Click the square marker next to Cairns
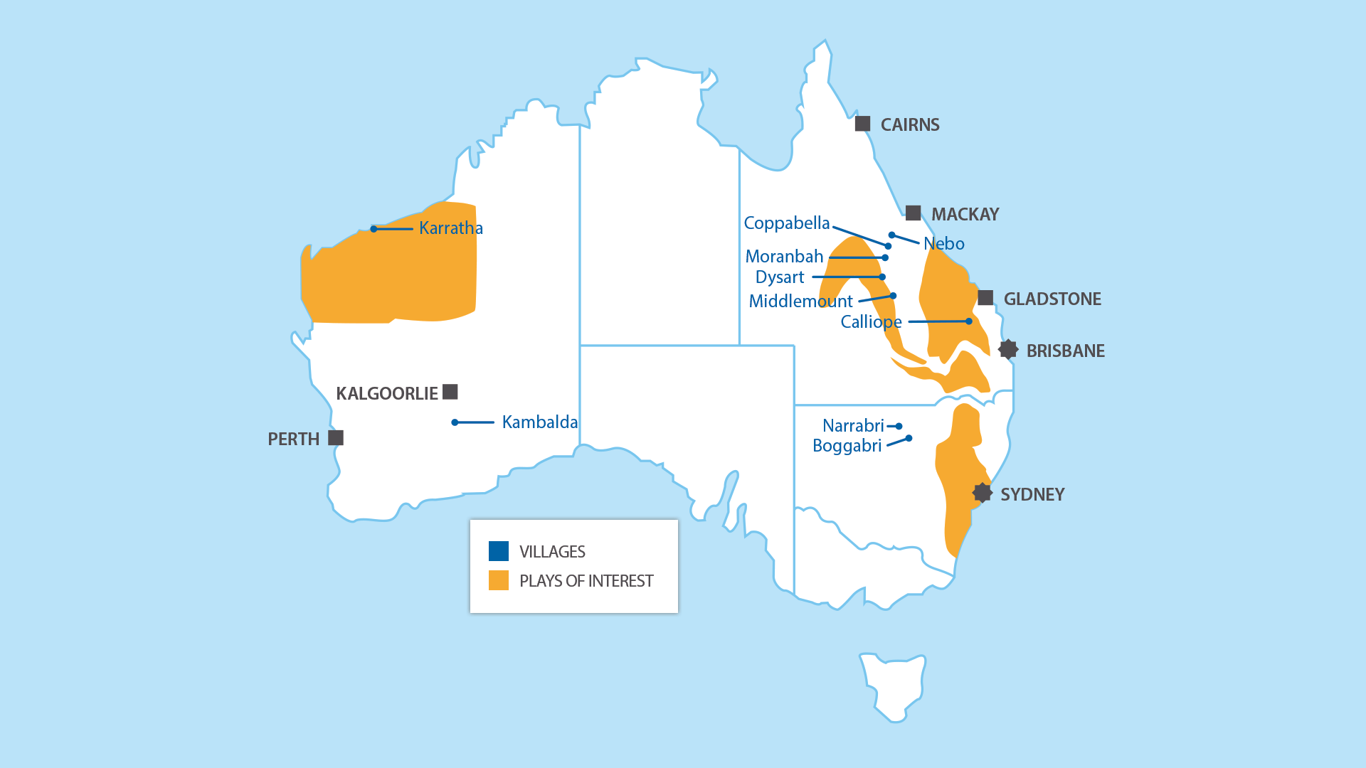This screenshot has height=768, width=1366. (x=862, y=124)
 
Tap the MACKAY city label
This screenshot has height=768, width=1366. (x=965, y=214)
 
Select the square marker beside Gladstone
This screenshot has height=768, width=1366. (x=985, y=298)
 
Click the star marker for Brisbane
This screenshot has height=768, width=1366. (x=1008, y=349)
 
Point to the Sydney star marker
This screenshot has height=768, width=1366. (x=982, y=493)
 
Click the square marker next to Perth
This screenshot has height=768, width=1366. (x=336, y=438)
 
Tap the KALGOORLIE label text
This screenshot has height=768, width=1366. (x=386, y=393)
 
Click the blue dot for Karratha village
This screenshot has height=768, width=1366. (x=374, y=229)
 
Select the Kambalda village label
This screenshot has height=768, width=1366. (x=539, y=422)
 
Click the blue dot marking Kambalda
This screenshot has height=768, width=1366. (x=455, y=422)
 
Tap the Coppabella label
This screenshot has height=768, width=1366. (x=786, y=223)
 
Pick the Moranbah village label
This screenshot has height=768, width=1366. (x=784, y=256)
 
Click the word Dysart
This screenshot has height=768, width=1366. (x=780, y=277)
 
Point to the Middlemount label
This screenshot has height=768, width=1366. (x=800, y=301)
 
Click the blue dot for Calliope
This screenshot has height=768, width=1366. (x=969, y=321)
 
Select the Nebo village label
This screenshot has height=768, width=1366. (x=943, y=243)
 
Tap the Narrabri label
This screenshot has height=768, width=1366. (x=853, y=425)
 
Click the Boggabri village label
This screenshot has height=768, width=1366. (x=847, y=445)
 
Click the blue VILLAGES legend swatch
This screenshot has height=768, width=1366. (x=499, y=551)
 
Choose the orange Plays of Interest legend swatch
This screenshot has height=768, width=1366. (x=499, y=580)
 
